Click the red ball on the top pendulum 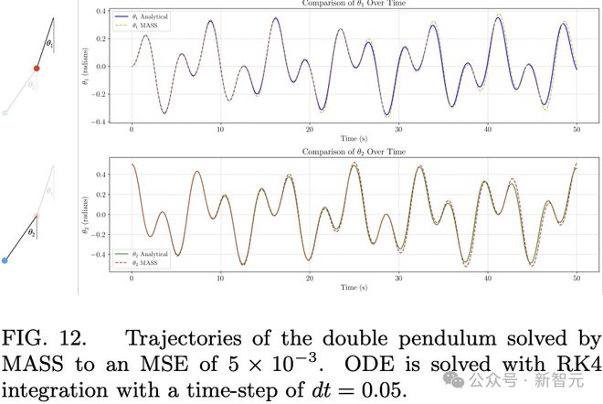[37, 68]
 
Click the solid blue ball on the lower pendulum [5, 260]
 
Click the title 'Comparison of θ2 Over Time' [354, 152]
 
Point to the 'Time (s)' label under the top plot [354, 138]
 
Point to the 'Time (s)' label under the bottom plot [354, 287]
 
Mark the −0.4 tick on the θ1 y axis [110, 122]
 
